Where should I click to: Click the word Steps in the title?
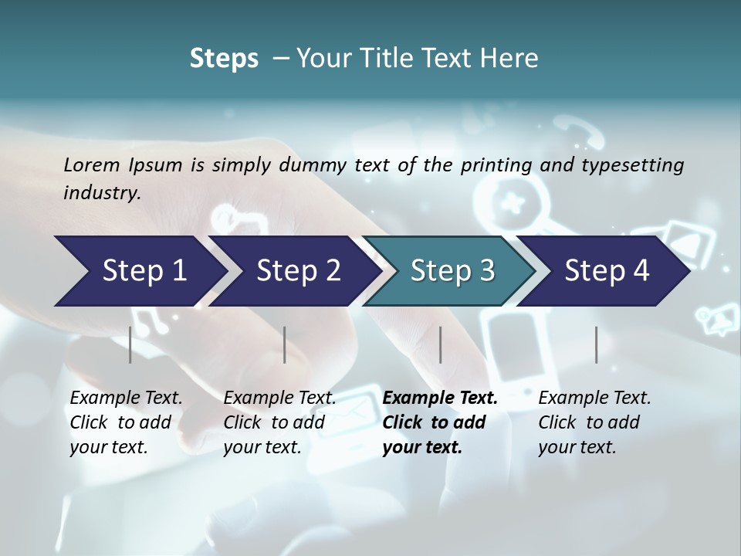(224, 59)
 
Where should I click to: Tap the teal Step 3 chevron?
(452, 271)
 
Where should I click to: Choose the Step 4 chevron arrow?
(607, 271)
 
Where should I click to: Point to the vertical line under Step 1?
(130, 344)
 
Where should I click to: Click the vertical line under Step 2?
(285, 344)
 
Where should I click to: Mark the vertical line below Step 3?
(441, 344)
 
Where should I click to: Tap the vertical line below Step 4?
(597, 344)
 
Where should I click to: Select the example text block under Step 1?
(126, 422)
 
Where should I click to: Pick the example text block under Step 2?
(279, 422)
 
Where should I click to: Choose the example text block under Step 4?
(594, 422)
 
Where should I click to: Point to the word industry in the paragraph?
(101, 193)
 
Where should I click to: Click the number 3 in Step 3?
(487, 271)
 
